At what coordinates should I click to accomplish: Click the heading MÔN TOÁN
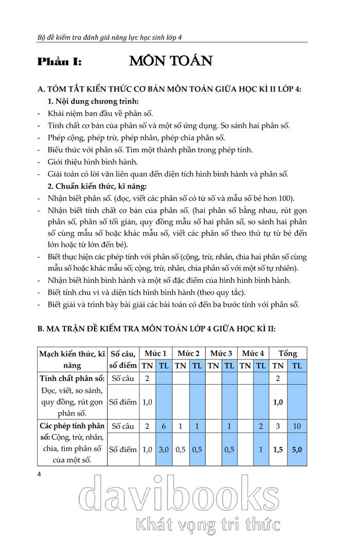point(171,61)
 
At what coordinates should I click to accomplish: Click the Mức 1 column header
point(155,353)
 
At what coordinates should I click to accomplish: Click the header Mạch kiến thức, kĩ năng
point(72,359)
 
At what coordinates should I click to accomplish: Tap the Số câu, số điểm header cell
point(123,359)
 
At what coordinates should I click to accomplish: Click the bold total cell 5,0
point(297,449)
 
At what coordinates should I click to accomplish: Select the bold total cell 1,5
point(278,449)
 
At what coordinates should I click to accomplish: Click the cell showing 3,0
point(164,449)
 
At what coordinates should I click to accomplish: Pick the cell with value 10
point(297,426)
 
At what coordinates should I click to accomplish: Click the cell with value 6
point(164,426)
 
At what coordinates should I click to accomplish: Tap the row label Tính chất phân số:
point(72,379)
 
